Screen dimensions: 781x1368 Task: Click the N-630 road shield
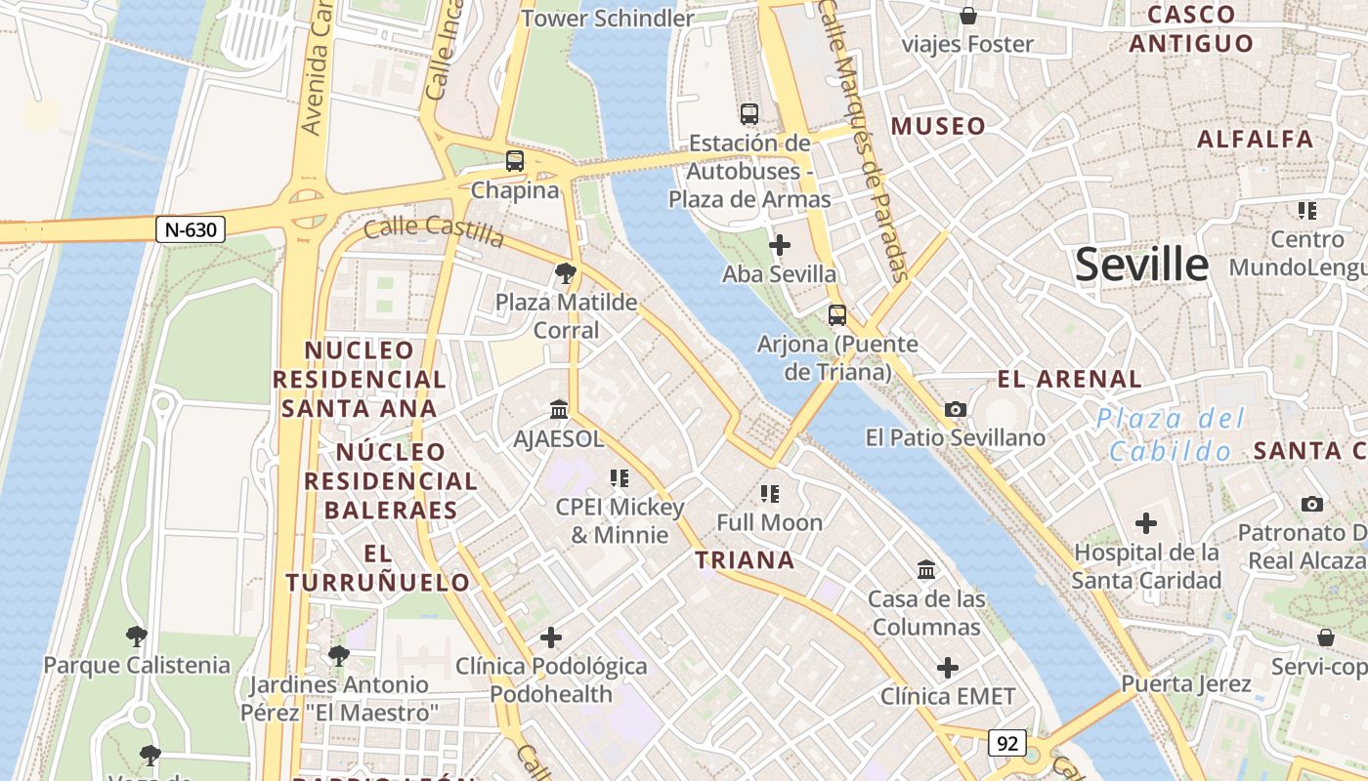191,229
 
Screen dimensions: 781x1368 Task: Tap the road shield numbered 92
1006,743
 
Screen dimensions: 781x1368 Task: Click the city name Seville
1141,265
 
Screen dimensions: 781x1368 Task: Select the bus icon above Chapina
515,161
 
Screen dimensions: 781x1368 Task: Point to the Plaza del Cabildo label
1171,434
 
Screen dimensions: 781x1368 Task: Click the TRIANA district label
745,560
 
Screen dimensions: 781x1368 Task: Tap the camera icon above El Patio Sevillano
955,410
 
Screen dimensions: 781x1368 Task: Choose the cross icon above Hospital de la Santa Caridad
1146,523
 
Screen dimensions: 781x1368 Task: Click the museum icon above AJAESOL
559,410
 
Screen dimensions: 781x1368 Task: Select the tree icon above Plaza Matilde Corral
565,273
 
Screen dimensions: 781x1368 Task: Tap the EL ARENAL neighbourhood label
1069,379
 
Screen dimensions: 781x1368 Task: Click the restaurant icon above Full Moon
769,494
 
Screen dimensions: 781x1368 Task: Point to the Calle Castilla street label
434,231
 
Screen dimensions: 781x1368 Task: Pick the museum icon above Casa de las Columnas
925,569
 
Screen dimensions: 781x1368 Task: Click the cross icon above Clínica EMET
948,668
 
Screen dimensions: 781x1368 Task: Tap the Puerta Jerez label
1186,683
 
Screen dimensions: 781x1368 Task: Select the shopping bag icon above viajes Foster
967,16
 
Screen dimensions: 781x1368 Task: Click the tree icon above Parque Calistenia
137,637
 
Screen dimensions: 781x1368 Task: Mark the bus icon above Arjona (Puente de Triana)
837,315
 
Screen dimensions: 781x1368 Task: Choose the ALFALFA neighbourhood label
1256,139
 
